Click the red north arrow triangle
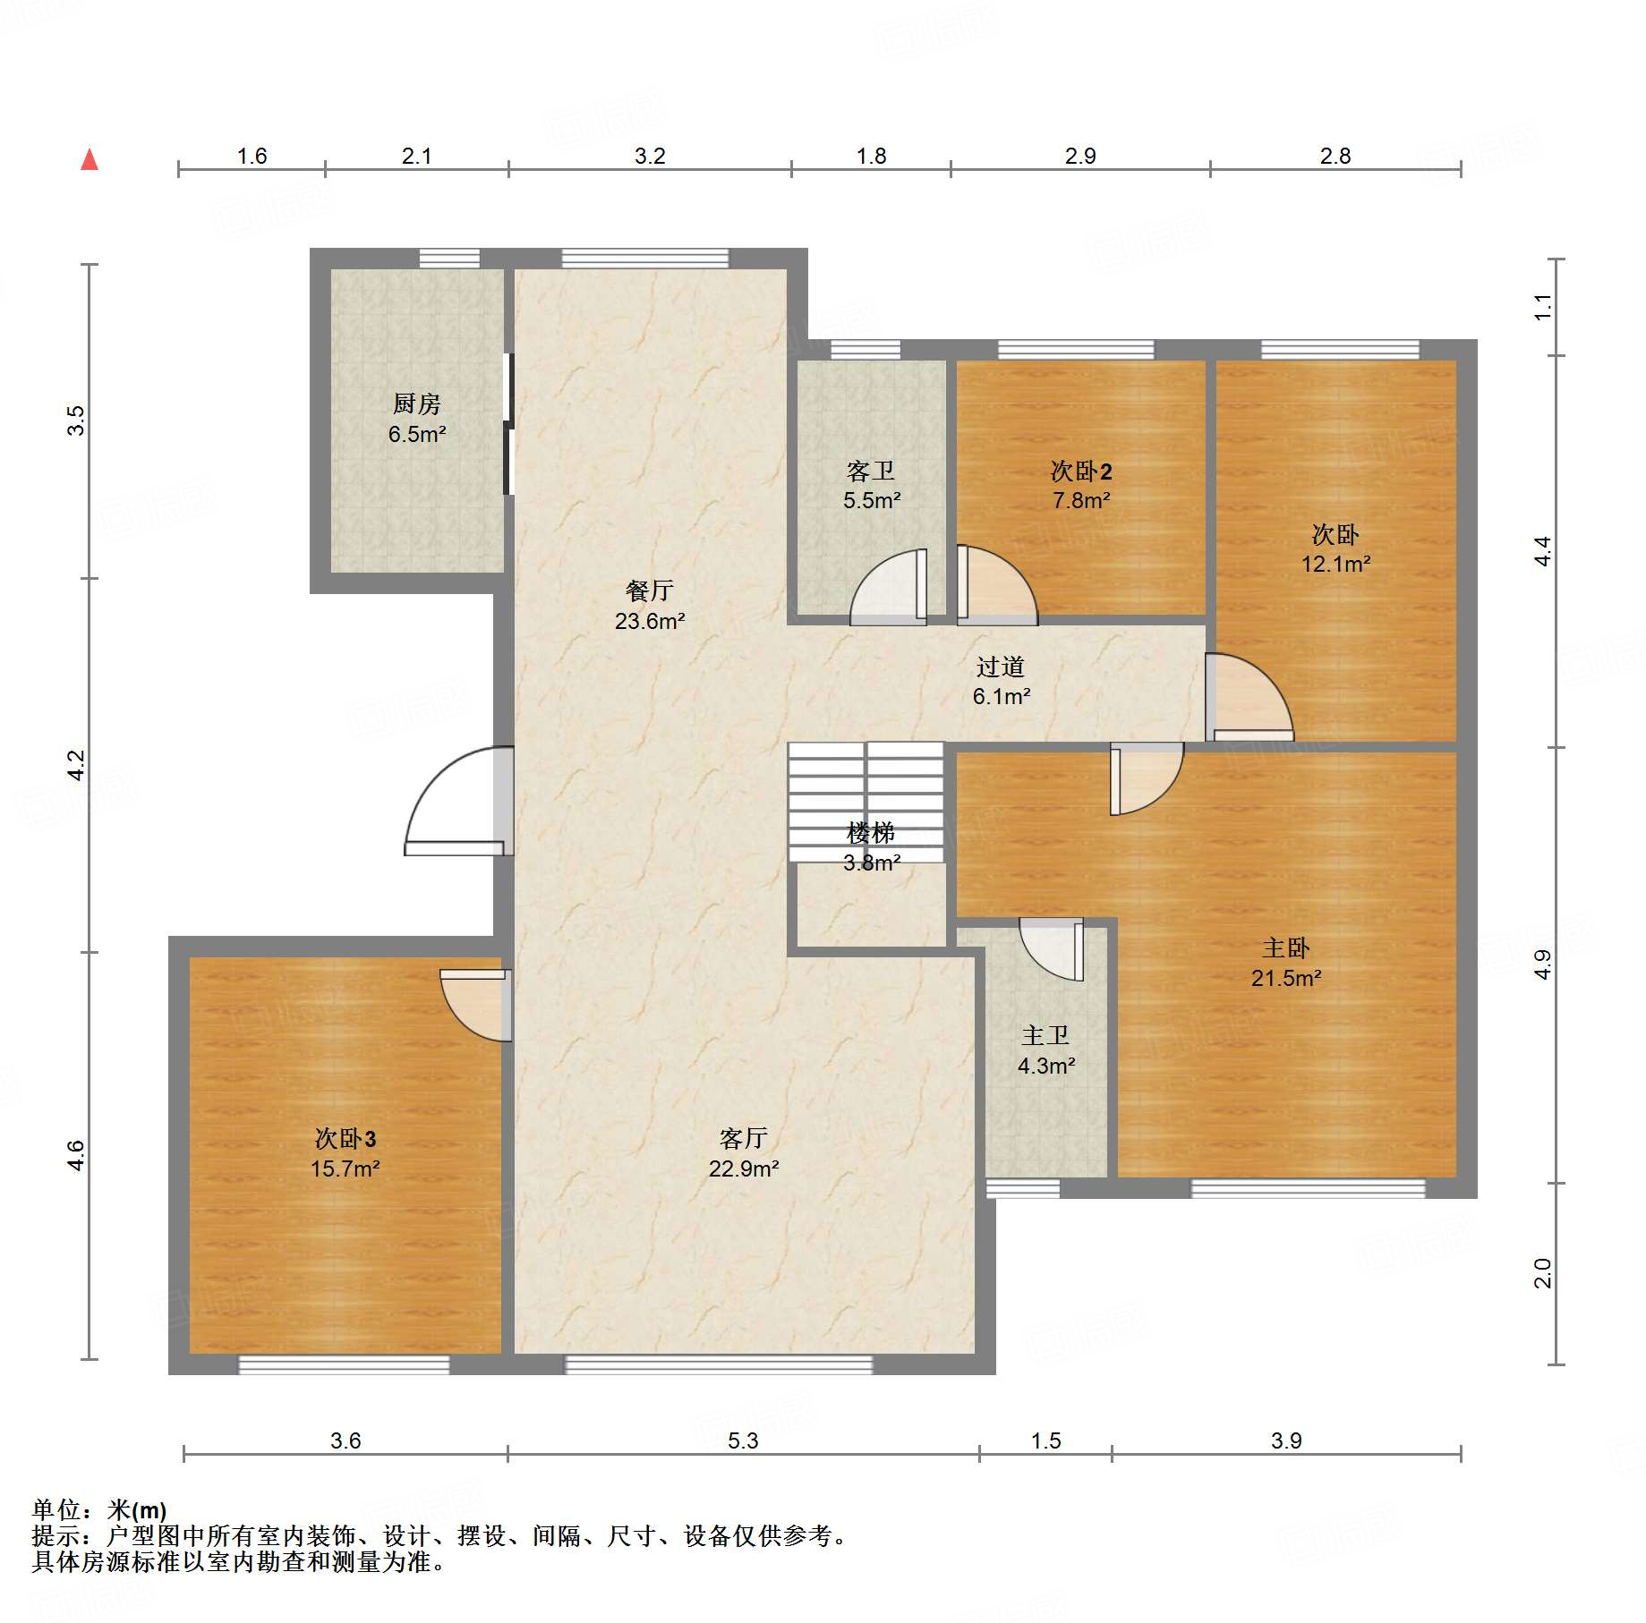pos(90,159)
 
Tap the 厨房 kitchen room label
pos(417,404)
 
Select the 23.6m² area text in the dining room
pos(650,621)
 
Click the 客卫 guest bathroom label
pos(871,471)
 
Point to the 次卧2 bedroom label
pos(1081,471)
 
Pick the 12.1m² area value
pos(1335,564)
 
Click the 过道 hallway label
pos(1001,667)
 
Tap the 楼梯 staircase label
pos(871,833)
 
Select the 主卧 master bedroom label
pos(1286,947)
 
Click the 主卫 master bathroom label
pos(1045,1035)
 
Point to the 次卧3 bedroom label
pos(345,1138)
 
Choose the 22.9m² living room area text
pos(744,1168)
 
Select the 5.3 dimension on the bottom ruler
pos(743,1440)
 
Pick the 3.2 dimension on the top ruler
pos(650,156)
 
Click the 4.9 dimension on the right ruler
pos(1542,964)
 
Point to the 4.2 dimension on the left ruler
pos(77,765)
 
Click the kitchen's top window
pos(449,258)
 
